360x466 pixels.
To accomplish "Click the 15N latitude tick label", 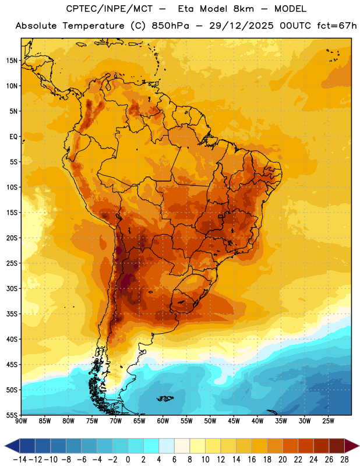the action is pos(12,61).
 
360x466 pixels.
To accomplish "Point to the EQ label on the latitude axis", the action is pos(13,137).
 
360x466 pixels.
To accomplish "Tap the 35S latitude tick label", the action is pos(12,314).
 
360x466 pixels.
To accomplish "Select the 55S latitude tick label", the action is pos(12,415).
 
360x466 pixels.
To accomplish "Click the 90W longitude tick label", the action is pos(21,421).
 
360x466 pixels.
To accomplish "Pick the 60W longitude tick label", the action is pos(163,421).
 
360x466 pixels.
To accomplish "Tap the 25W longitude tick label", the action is pos(328,421).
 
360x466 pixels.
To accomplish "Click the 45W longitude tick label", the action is pos(234,421).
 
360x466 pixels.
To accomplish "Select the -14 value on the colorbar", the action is pos(20,460).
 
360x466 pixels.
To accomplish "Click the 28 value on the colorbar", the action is pos(344,460).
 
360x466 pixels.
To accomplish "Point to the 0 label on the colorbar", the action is pos(128,460).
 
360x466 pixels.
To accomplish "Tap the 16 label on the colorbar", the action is pos(252,460).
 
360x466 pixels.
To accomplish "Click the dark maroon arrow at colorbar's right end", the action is pos(351,446).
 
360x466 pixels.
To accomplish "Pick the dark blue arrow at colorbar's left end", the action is pos(12,446).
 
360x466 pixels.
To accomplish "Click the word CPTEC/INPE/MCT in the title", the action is pos(109,9).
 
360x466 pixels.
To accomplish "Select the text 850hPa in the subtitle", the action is pos(170,26).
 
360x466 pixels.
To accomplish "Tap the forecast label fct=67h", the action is pos(337,26).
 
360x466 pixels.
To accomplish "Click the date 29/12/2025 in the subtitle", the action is pos(241,26).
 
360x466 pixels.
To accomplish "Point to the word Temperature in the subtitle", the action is pos(93,26).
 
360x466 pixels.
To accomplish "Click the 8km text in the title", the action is pos(243,9).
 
